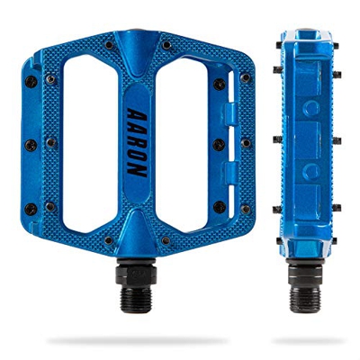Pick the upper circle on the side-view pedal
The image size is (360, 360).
(x=312, y=108)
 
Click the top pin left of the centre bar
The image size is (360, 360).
(x=107, y=43)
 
